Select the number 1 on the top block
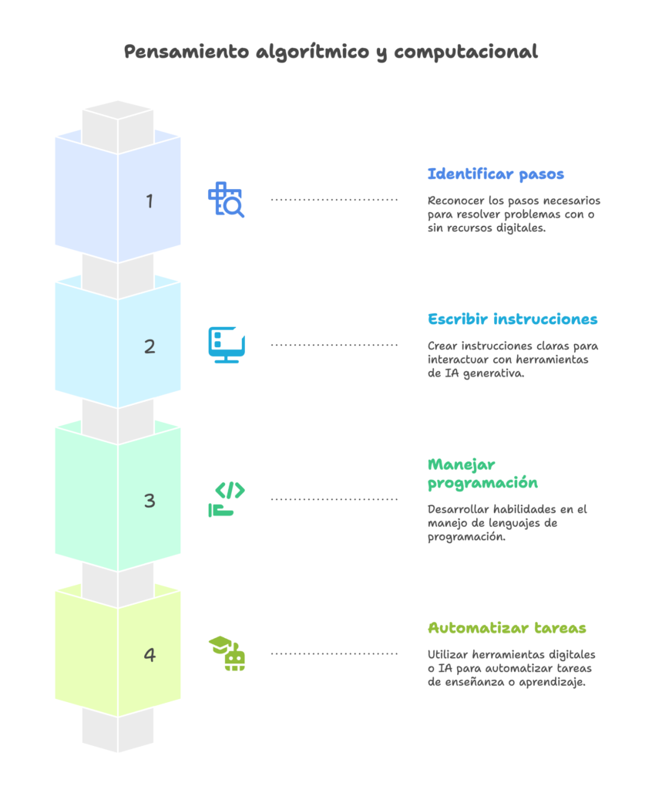click(150, 201)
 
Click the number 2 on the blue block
click(150, 346)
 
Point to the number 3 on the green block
click(150, 501)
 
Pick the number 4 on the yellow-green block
click(150, 655)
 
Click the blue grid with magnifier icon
click(226, 200)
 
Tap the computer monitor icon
click(227, 345)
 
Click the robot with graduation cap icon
click(227, 653)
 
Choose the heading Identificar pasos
click(496, 174)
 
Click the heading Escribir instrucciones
click(512, 319)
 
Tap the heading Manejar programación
click(482, 474)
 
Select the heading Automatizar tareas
click(506, 627)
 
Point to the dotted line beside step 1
click(334, 200)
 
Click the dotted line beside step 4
click(334, 653)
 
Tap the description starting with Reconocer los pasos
click(514, 214)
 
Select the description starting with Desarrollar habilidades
click(507, 523)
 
